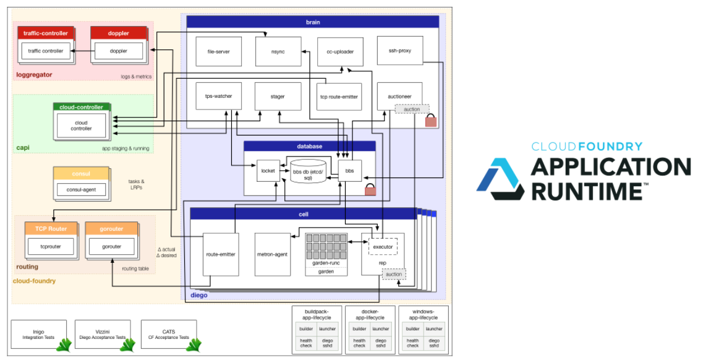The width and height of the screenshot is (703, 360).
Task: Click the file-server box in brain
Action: click(x=218, y=51)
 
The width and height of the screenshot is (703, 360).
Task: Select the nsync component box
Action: click(x=278, y=51)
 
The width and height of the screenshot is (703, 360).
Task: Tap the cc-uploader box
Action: click(x=339, y=51)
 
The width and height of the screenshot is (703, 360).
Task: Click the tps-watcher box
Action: click(x=218, y=96)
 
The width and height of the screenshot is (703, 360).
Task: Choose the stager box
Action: click(x=278, y=96)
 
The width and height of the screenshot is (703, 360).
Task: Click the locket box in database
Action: click(x=268, y=170)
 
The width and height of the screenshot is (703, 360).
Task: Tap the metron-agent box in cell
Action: click(x=273, y=254)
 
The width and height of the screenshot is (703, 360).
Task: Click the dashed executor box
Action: click(x=383, y=247)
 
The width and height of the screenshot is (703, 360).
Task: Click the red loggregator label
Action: click(x=34, y=75)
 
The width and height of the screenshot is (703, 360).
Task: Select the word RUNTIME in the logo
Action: click(x=587, y=191)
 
